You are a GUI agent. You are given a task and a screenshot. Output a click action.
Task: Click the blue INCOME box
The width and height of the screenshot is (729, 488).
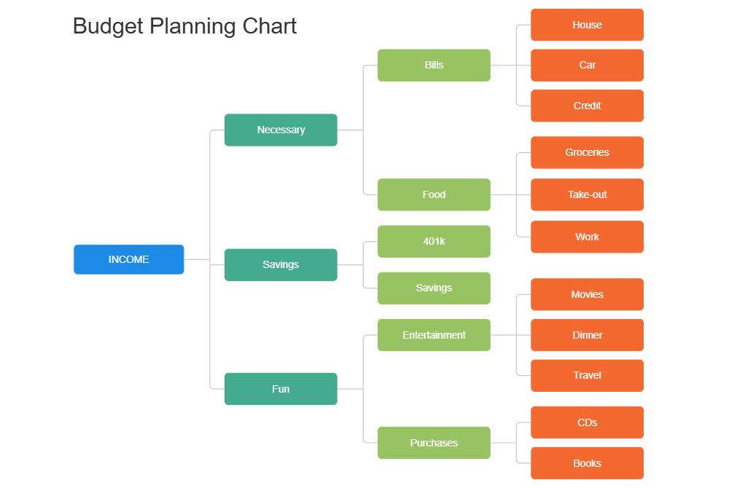click(129, 259)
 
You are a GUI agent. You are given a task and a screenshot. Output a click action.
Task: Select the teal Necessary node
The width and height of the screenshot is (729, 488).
click(281, 130)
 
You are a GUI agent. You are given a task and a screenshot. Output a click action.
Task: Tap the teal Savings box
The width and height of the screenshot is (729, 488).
click(281, 264)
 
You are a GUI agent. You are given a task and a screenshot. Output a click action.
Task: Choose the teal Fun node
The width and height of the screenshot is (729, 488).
click(281, 389)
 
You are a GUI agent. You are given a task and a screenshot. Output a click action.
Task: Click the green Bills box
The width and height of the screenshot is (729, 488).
click(434, 65)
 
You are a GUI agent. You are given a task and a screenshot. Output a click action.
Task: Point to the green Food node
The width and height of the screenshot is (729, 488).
click(434, 194)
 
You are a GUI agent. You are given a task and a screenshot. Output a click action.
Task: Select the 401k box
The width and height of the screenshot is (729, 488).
click(434, 241)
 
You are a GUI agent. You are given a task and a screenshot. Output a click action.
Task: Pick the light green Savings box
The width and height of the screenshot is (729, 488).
click(434, 288)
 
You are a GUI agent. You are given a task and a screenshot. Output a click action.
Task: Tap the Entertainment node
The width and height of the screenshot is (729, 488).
click(434, 335)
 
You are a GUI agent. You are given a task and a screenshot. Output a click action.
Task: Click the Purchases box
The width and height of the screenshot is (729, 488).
click(434, 443)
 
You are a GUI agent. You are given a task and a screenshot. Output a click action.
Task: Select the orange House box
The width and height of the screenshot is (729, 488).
click(587, 25)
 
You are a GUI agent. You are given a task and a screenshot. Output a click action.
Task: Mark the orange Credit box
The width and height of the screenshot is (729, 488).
click(587, 106)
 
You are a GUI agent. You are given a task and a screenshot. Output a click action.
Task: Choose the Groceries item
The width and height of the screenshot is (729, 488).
click(587, 152)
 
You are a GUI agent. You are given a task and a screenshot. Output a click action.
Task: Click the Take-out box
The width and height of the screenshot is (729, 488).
click(587, 194)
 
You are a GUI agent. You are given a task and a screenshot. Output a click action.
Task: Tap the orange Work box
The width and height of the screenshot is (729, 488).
click(587, 237)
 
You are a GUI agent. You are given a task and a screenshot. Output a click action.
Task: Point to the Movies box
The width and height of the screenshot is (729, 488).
click(587, 294)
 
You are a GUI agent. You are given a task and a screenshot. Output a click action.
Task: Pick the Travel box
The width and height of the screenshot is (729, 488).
click(587, 375)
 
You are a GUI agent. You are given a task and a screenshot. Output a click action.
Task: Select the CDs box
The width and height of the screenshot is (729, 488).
click(587, 422)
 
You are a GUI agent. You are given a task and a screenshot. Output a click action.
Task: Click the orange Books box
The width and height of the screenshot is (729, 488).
click(587, 463)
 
